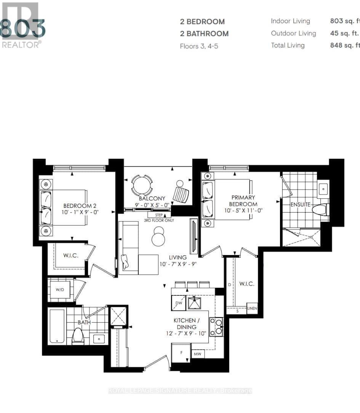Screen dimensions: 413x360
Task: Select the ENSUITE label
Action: [301, 204]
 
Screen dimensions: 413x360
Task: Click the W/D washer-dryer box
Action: [60, 290]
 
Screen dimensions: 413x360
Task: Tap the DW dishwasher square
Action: [178, 303]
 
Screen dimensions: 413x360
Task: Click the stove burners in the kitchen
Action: [216, 326]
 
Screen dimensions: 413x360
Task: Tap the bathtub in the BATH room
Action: [56, 326]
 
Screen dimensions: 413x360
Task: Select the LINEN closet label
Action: [252, 309]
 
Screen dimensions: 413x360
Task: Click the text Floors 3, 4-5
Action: [199, 46]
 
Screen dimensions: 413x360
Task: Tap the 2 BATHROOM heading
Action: [204, 33]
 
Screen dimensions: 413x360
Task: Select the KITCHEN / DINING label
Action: [186, 324]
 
